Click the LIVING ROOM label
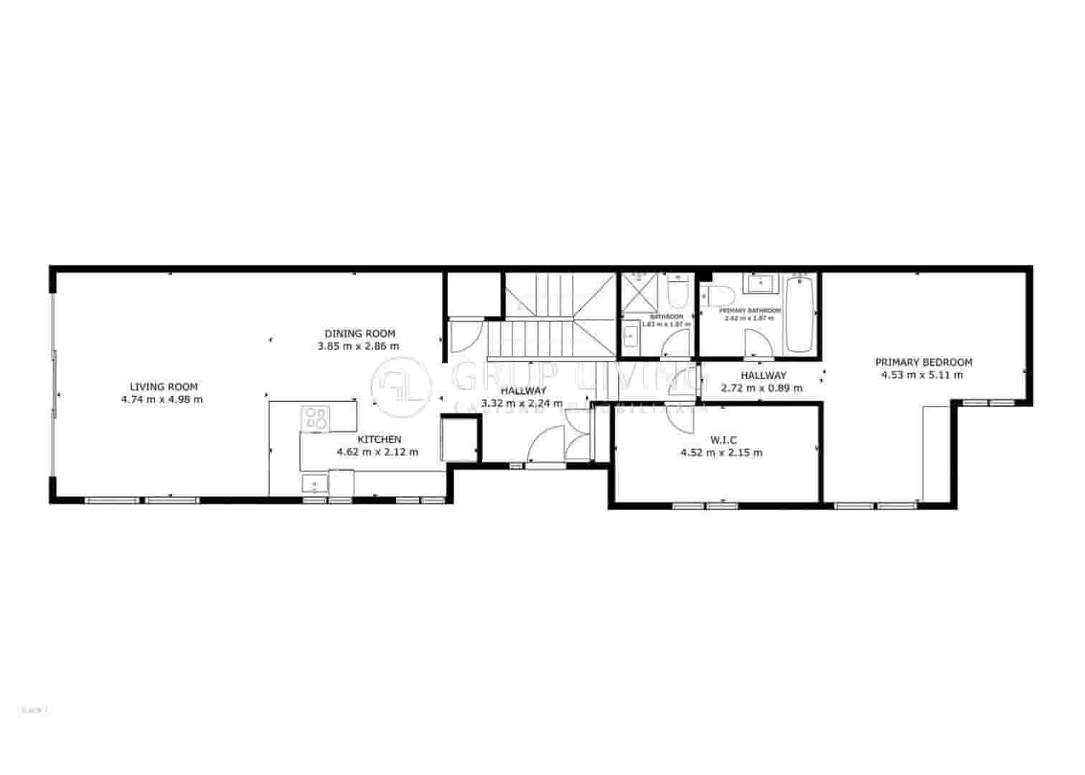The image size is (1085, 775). pyautogui.click(x=163, y=387)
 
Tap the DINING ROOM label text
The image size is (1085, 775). pyautogui.click(x=360, y=333)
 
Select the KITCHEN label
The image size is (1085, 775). pyautogui.click(x=379, y=439)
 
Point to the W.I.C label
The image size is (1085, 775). pyautogui.click(x=723, y=440)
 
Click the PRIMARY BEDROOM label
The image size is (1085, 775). pyautogui.click(x=923, y=362)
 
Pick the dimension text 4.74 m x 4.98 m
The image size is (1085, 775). pyautogui.click(x=162, y=400)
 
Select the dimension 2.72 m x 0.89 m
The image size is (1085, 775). pyautogui.click(x=761, y=388)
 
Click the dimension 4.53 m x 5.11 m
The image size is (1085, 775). pyautogui.click(x=921, y=375)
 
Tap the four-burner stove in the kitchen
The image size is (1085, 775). pyautogui.click(x=315, y=417)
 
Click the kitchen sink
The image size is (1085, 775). pyautogui.click(x=314, y=484)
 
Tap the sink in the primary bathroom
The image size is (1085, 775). pyautogui.click(x=757, y=283)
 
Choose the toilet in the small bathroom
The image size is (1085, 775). pyautogui.click(x=676, y=292)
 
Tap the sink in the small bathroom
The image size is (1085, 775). pyautogui.click(x=629, y=334)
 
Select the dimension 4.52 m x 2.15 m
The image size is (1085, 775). pyautogui.click(x=721, y=453)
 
